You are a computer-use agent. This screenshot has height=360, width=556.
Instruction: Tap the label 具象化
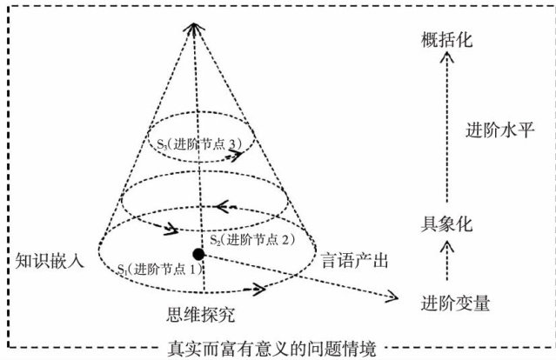445,223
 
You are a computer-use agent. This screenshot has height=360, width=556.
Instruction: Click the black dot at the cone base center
198,253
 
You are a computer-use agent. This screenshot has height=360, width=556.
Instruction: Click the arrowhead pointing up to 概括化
445,59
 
